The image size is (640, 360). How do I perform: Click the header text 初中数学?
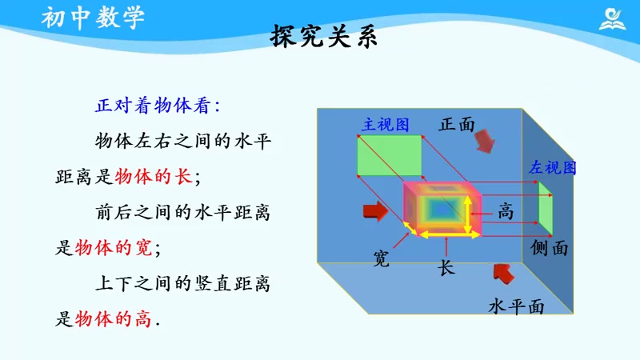pos(94,17)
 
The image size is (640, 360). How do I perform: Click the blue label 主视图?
pos(386,124)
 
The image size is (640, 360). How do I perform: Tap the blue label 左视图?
pos(552,168)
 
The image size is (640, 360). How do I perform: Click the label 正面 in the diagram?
pos(457,124)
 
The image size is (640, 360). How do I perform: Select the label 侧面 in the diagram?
pos(550,248)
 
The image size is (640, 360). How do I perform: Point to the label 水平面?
pos(517,306)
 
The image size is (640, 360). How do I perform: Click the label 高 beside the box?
pos(505,211)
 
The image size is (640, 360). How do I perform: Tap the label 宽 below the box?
pos(382,258)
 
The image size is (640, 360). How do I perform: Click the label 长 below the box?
pos(446,268)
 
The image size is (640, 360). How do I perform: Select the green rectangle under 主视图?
pos(390,155)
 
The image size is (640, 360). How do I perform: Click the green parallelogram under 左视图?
pos(545,207)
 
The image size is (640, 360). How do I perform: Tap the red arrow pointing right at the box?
pos(374,210)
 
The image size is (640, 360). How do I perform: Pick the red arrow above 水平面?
pos(503,274)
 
